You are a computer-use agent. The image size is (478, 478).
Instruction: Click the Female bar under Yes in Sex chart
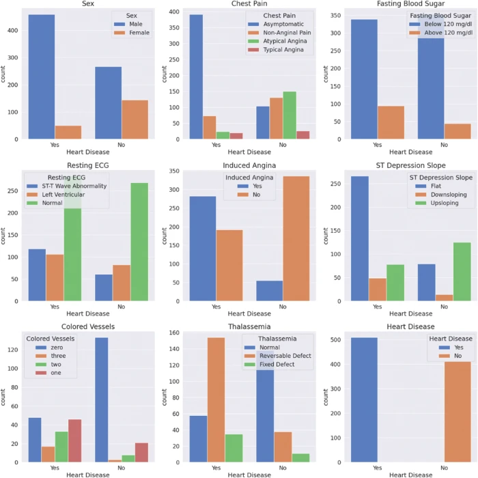(68, 132)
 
